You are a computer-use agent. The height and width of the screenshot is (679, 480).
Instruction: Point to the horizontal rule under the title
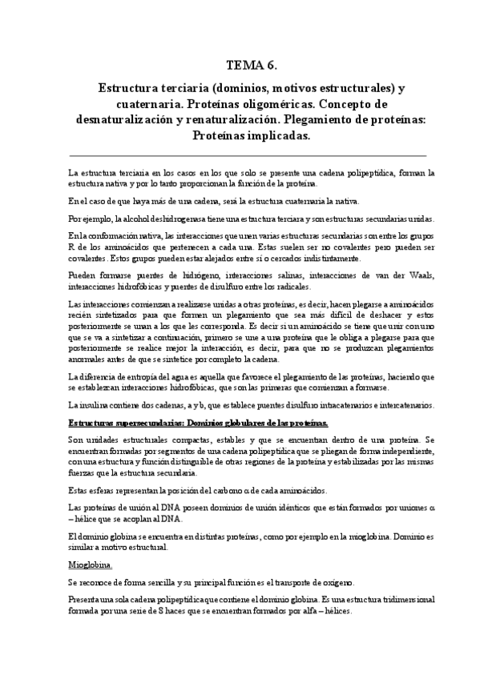pos(248,155)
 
